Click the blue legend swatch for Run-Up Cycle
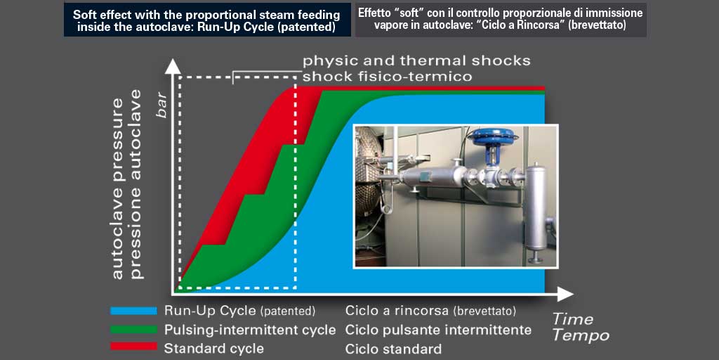(x=134, y=311)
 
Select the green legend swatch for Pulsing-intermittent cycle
(x=134, y=330)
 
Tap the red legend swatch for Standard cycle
(x=134, y=347)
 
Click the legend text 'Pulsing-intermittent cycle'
(x=250, y=330)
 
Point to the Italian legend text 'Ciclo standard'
(x=394, y=348)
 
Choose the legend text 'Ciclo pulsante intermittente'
(x=438, y=330)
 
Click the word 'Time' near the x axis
(x=572, y=319)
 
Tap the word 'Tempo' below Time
(x=581, y=335)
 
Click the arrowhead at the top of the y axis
(x=173, y=65)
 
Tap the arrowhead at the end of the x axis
(x=565, y=293)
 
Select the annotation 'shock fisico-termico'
(x=388, y=76)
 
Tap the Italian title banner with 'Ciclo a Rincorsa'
(x=501, y=19)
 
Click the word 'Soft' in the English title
(x=84, y=14)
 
